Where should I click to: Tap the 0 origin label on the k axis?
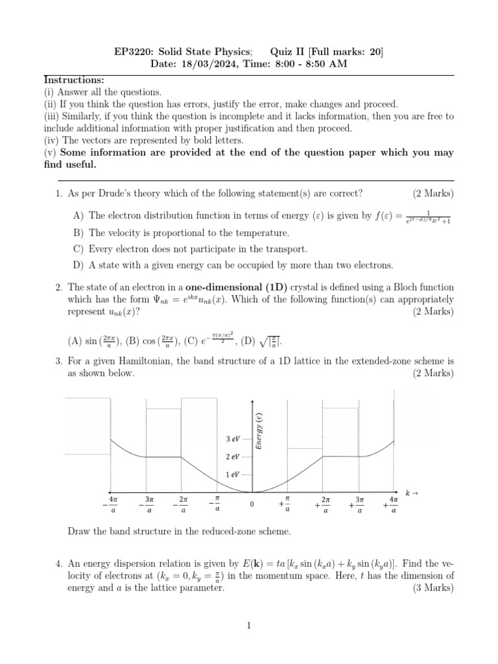[x=252, y=504]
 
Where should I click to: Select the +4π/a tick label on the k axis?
[x=391, y=505]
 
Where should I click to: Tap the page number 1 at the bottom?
[x=248, y=626]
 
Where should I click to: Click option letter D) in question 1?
[x=78, y=265]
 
